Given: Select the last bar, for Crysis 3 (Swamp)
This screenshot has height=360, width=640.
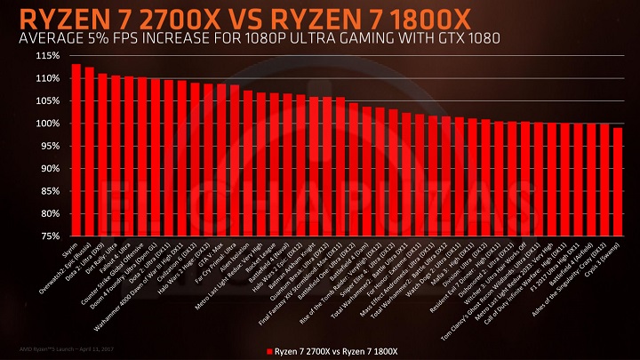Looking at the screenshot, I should [x=618, y=181].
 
